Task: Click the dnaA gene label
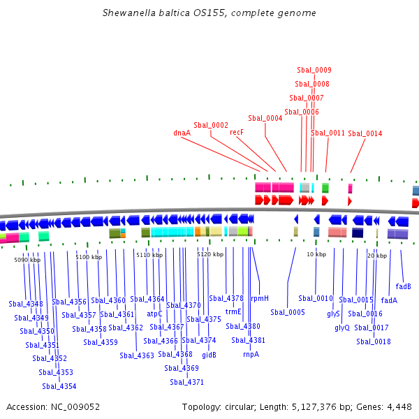pos(182,132)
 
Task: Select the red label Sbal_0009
pos(314,70)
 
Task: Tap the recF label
pos(236,132)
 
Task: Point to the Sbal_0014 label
pos(365,133)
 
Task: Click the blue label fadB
pos(403,286)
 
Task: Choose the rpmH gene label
pos(260,298)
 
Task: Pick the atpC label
pos(154,314)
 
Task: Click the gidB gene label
pos(209,355)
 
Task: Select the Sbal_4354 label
pos(59,386)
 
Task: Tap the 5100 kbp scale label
pos(89,257)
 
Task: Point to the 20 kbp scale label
pos(377,256)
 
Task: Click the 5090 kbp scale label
pos(27,260)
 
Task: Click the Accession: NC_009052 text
pos(53,406)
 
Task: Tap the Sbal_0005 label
pos(288,312)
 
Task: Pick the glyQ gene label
pos(342,328)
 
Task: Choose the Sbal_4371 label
pos(186,382)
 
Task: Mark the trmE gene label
pos(233,312)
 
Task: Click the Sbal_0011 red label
pos(328,132)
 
